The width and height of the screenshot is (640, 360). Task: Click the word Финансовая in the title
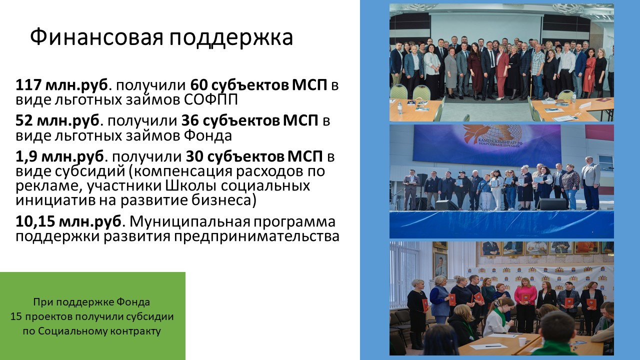(96, 37)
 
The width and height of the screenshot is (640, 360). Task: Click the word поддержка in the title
(231, 37)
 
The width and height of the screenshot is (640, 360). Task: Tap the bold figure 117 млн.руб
(61, 85)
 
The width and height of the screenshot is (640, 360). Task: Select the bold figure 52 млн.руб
(57, 120)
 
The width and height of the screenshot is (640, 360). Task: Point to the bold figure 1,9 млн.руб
(59, 156)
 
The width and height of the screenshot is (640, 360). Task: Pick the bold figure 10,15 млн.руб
(68, 221)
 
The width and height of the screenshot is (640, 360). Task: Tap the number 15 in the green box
(16, 316)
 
